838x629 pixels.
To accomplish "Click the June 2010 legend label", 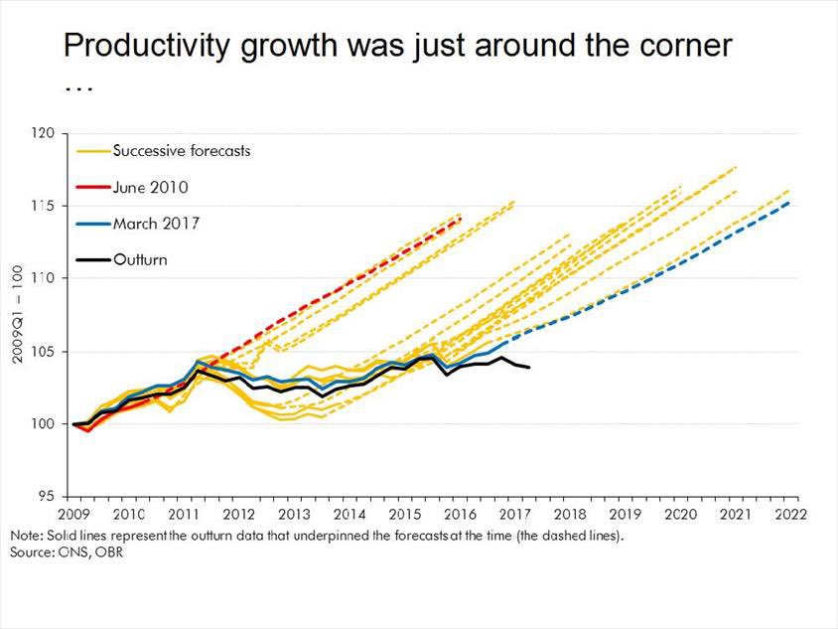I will (x=150, y=187).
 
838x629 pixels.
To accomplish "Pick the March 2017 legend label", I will (x=156, y=223).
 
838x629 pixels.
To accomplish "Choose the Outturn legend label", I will (x=139, y=259).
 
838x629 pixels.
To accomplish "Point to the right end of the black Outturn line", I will (x=529, y=368).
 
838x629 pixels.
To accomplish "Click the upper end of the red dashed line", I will (x=461, y=219).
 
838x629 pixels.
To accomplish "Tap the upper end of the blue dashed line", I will (x=788, y=202).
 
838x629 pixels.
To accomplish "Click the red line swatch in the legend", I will (x=93, y=187).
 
